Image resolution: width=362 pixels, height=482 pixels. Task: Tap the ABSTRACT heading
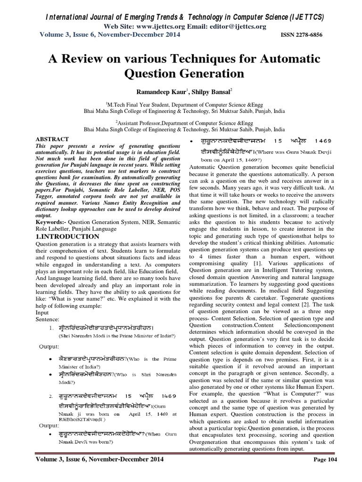(x=52, y=139)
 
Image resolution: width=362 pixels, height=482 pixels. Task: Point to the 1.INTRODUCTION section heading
(x=68, y=236)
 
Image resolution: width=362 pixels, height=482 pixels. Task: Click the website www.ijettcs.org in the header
(x=151, y=26)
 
